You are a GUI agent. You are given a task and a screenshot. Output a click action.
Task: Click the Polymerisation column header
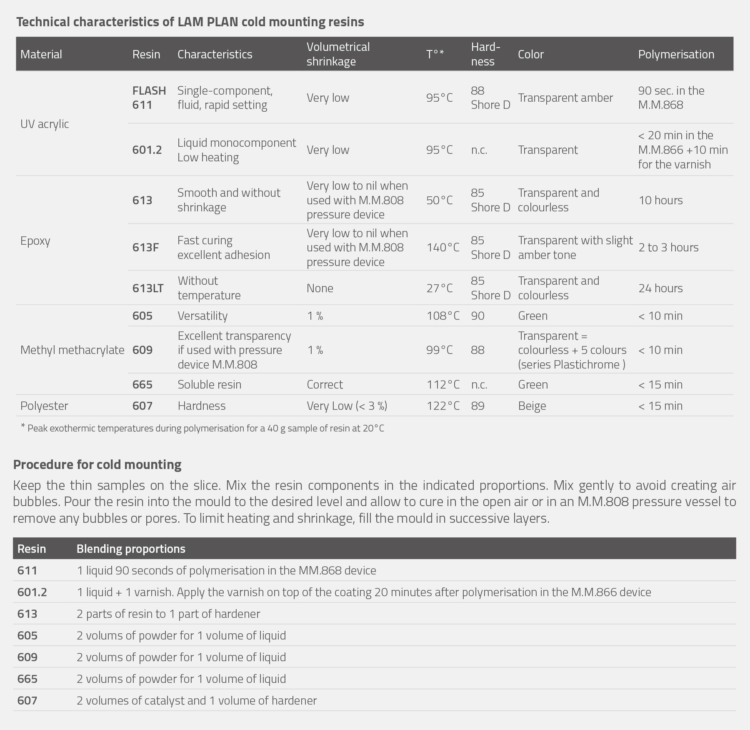pyautogui.click(x=676, y=54)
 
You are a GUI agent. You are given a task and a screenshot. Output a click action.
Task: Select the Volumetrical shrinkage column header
pyautogui.click(x=338, y=54)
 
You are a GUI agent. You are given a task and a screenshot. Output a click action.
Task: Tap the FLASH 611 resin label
pyautogui.click(x=149, y=98)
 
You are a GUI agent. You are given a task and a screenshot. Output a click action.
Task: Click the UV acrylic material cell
pyautogui.click(x=45, y=124)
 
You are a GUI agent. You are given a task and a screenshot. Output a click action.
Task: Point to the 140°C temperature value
pyautogui.click(x=442, y=247)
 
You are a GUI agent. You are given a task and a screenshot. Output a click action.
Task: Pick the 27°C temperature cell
pyautogui.click(x=439, y=288)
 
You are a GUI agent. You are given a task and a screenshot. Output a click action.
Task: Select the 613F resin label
pyautogui.click(x=145, y=247)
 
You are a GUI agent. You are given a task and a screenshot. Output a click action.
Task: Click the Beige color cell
pyautogui.click(x=532, y=406)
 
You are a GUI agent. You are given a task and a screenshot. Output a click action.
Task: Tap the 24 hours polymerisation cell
pyautogui.click(x=660, y=288)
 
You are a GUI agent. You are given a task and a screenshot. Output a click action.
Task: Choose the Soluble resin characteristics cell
pyautogui.click(x=209, y=384)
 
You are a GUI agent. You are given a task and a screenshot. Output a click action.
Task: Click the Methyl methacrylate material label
pyautogui.click(x=72, y=350)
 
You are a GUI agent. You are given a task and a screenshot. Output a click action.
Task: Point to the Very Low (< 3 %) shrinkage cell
pyautogui.click(x=347, y=406)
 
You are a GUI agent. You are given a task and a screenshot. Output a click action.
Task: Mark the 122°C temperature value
pyautogui.click(x=442, y=406)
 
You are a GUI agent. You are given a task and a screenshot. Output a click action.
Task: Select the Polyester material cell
pyautogui.click(x=44, y=406)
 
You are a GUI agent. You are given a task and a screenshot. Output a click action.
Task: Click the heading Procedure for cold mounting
pyautogui.click(x=97, y=464)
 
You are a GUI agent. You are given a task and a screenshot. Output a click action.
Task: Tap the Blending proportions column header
pyautogui.click(x=131, y=549)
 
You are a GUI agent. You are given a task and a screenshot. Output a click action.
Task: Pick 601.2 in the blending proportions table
pyautogui.click(x=32, y=592)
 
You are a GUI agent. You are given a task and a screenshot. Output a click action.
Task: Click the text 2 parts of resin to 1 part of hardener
pyautogui.click(x=168, y=614)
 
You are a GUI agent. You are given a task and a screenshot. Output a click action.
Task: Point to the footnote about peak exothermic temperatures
pyautogui.click(x=202, y=428)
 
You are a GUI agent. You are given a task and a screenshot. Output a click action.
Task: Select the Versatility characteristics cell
pyautogui.click(x=202, y=316)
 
